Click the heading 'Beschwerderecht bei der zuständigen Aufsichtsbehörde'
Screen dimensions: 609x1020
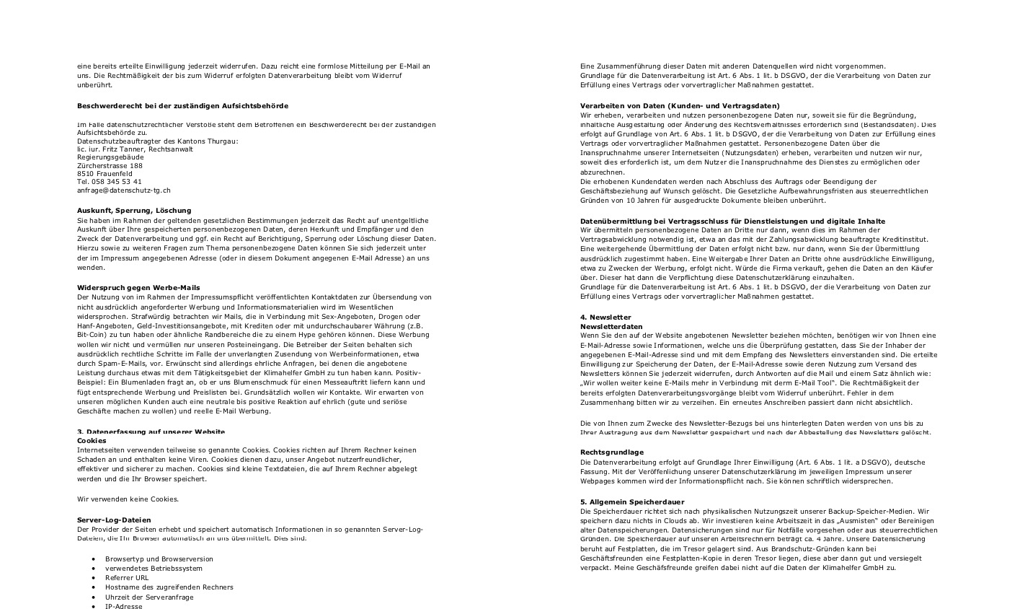pos(182,105)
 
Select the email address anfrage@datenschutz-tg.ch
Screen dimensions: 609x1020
pos(124,190)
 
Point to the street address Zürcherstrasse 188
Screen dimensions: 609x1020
pos(110,165)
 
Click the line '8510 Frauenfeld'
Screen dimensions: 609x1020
pos(105,174)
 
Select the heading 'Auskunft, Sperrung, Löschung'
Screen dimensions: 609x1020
pos(134,210)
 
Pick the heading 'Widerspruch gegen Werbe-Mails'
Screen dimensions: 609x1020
pos(138,287)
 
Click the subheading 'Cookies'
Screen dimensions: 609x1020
pos(92,440)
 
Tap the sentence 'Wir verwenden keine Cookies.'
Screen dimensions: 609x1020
pos(128,499)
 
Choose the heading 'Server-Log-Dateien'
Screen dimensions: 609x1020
pos(114,520)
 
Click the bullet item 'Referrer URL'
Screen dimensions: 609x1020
pos(127,577)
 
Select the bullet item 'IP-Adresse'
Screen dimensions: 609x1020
pos(123,606)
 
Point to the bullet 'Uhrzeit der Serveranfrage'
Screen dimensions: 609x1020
pos(149,597)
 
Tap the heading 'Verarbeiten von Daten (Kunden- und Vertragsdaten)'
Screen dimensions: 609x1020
pos(680,105)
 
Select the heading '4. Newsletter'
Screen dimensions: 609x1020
pos(606,317)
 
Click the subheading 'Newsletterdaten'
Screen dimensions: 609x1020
pos(611,326)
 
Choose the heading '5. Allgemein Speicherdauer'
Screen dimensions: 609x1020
pos(632,501)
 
